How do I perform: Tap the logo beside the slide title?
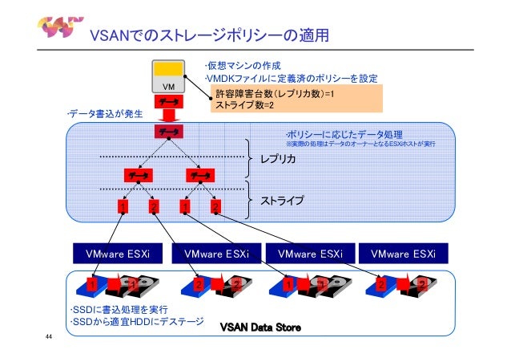tap(59, 26)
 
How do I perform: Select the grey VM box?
tap(168, 78)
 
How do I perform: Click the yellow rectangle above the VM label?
tap(168, 70)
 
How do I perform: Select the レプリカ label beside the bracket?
tap(278, 159)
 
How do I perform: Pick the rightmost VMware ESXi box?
tap(404, 254)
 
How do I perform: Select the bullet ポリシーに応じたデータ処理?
tap(344, 133)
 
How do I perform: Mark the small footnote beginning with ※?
tap(360, 144)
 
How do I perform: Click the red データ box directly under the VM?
tap(168, 103)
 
